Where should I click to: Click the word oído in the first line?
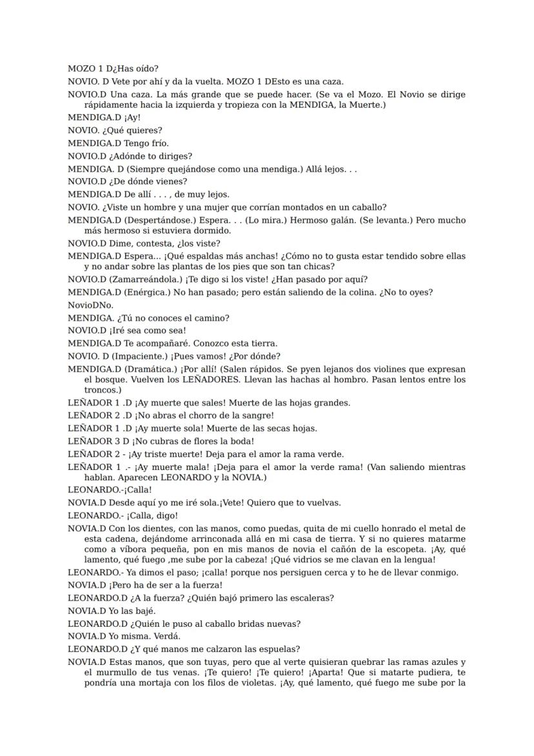pyautogui.click(x=147, y=68)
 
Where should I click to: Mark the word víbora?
pyautogui.click(x=115, y=549)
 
